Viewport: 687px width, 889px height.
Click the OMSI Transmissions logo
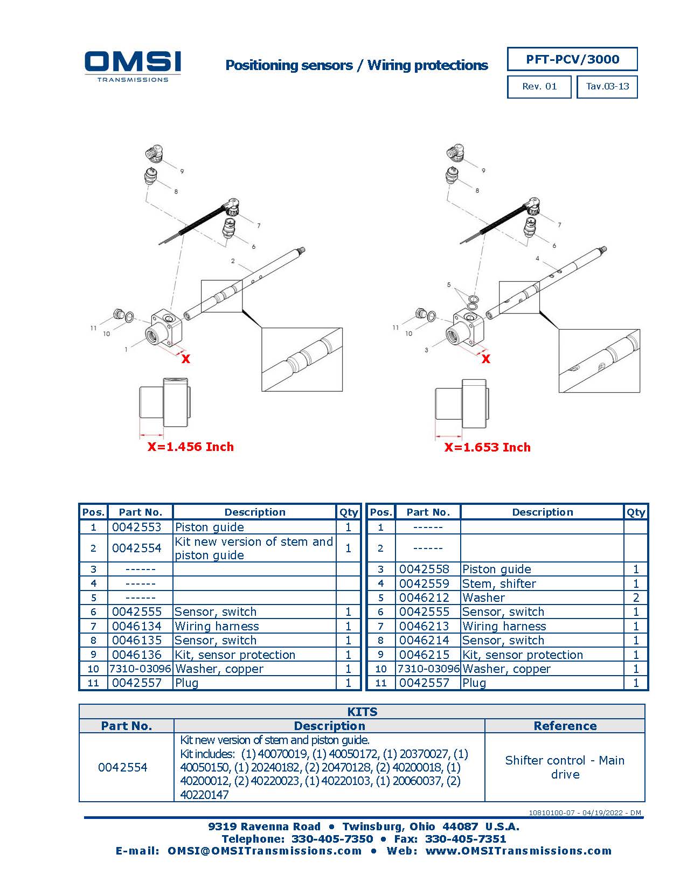point(133,66)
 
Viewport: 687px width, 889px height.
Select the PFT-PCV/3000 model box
point(572,59)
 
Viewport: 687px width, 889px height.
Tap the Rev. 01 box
point(539,87)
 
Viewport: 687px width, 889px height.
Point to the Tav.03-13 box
point(607,87)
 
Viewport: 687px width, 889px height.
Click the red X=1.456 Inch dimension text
point(191,447)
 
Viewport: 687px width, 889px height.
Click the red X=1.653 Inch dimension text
point(487,447)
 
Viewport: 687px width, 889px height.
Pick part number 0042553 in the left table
point(137,527)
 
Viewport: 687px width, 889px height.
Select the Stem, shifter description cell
point(499,584)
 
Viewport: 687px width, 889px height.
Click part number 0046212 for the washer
point(424,598)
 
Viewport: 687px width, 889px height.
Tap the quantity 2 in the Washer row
point(636,598)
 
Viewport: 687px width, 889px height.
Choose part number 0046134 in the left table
point(137,626)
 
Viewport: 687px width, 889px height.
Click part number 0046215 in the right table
point(424,655)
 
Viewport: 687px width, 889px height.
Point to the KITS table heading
point(362,712)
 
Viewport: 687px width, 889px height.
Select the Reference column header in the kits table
point(565,726)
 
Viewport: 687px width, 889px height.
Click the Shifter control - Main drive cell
point(565,767)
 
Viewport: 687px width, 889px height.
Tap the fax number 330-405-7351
point(466,839)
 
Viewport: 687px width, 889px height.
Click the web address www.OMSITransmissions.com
point(518,851)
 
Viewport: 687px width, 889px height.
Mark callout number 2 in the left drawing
point(233,261)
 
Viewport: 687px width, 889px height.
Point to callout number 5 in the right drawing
point(449,284)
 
